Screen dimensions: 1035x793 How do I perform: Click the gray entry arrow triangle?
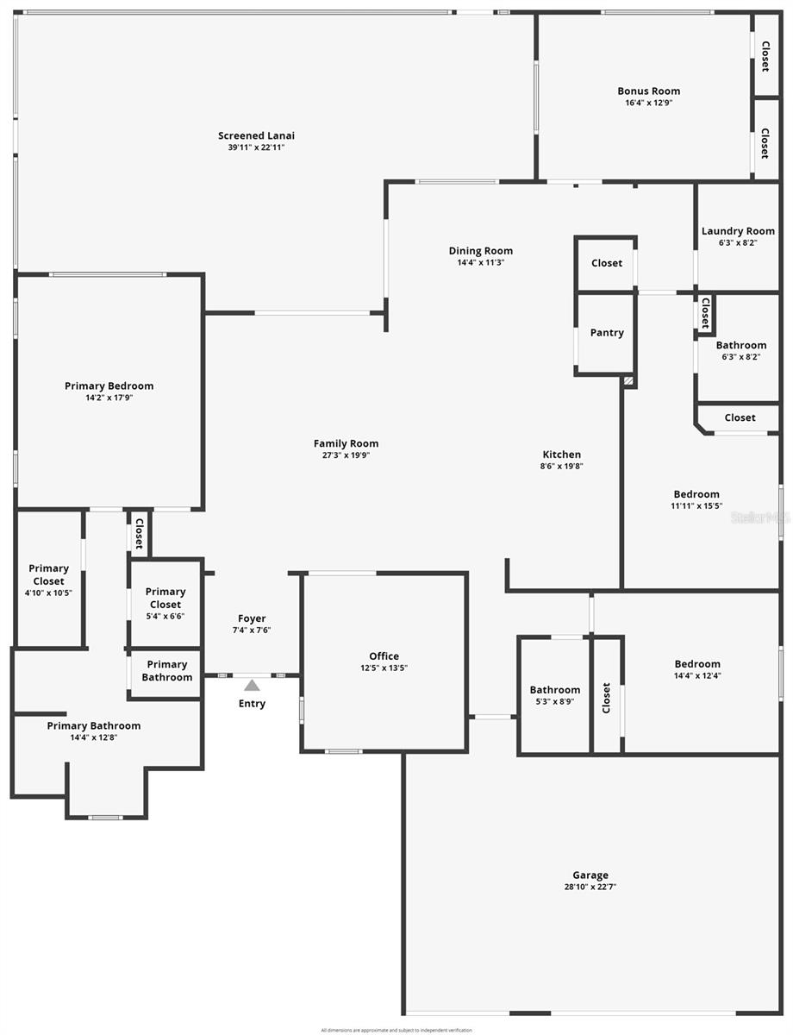coord(252,686)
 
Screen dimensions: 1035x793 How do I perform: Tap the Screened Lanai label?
coord(256,135)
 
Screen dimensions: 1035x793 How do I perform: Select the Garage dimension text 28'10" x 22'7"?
coord(590,887)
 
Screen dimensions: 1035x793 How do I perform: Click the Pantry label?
coord(607,333)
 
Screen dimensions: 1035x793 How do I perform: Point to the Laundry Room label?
coord(738,231)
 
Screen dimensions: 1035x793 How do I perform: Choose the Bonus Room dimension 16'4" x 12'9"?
coord(648,103)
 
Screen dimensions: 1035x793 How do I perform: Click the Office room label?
coord(384,656)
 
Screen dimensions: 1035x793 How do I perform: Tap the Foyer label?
coord(252,618)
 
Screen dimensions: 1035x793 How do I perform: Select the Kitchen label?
coord(561,455)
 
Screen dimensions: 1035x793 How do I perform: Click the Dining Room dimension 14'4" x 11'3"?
coord(480,262)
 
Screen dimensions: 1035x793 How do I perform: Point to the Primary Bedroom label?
coord(109,386)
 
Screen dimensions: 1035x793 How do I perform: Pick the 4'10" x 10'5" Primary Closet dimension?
coord(48,593)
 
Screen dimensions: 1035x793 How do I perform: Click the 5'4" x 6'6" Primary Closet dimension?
coord(165,616)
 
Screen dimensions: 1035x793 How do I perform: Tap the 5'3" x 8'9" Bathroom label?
coord(554,690)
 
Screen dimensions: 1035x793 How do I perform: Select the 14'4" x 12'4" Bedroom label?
coord(697,664)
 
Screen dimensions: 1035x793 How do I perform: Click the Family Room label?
coord(346,444)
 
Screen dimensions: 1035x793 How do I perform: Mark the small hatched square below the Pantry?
coord(628,379)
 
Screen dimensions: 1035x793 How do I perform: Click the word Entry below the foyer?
coord(252,704)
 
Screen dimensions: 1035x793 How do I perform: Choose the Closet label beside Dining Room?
coord(607,263)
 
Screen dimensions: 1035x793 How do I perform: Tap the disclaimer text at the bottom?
coord(396,1030)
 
